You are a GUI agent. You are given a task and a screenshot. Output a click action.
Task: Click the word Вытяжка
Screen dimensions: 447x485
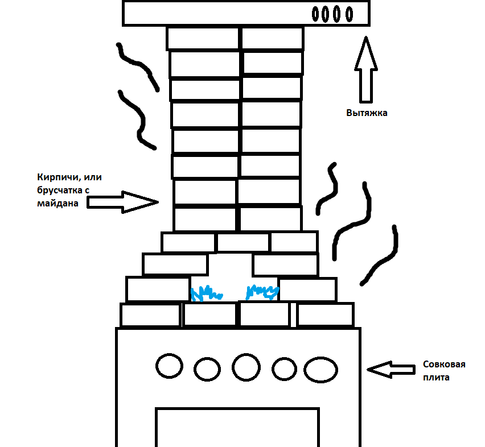367,113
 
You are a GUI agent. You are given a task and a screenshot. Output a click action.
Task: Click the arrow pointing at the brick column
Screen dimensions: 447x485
123,202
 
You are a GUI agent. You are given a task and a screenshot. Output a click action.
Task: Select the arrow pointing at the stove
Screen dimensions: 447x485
391,370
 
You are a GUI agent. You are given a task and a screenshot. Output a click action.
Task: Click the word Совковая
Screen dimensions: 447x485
444,365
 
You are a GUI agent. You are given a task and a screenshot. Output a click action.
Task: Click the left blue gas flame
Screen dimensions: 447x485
206,294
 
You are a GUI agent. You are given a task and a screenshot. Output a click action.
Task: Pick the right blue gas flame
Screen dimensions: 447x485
261,292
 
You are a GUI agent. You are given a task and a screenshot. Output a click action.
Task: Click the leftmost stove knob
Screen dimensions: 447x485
170,366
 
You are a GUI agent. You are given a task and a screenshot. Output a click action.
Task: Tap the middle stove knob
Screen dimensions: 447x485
246,367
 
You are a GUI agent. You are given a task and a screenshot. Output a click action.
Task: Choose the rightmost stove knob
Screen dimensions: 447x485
321,370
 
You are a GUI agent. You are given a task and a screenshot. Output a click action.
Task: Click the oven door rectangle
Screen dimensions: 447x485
237,427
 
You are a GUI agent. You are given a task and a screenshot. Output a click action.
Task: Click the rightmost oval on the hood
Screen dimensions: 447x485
348,14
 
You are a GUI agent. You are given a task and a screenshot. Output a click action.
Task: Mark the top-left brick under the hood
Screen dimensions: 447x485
203,39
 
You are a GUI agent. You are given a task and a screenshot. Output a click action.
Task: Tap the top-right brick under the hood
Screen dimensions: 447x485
272,39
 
